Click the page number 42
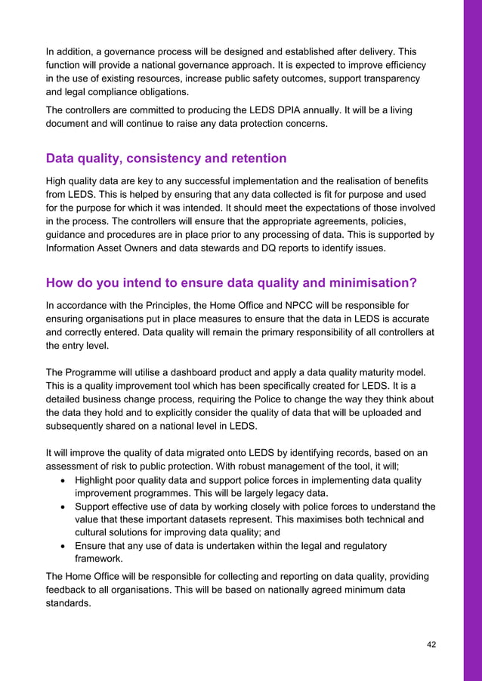point(431,644)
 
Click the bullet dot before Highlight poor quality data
point(62,481)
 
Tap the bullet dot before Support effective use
point(62,507)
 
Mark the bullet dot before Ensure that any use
point(62,546)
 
